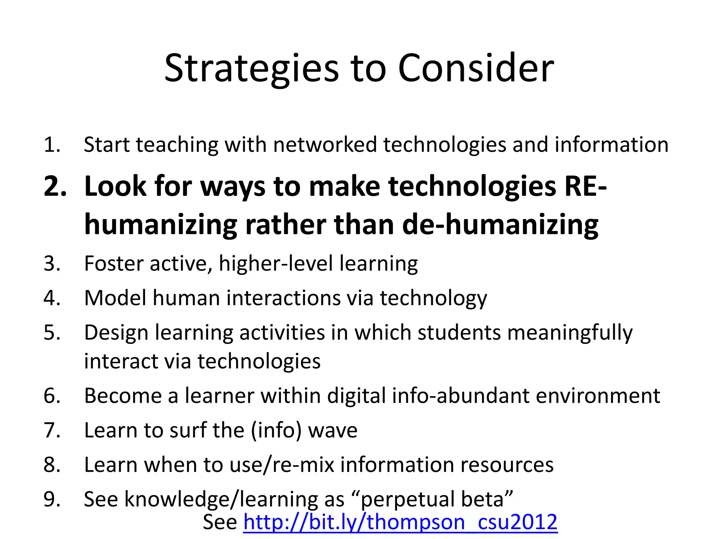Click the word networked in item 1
325,145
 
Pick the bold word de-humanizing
500,225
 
